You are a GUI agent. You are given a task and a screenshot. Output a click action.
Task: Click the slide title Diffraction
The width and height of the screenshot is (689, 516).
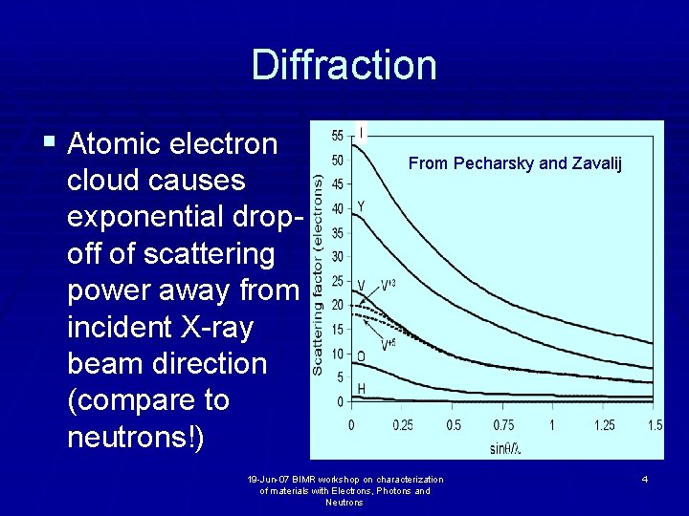[344, 65]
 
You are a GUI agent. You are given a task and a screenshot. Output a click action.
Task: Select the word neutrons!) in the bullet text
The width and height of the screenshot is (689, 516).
[135, 436]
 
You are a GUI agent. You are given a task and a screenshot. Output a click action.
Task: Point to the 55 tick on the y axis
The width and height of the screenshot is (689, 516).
[337, 136]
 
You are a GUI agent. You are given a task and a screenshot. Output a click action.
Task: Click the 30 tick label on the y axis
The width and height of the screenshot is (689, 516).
[337, 256]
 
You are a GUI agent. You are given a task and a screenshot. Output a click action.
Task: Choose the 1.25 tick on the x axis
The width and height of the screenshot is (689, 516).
[603, 424]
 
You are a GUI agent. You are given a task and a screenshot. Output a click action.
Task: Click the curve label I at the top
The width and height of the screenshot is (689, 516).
[361, 131]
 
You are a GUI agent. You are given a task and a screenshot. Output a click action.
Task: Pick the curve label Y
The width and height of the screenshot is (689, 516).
[361, 206]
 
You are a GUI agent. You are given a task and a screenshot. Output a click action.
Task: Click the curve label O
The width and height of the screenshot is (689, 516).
[361, 356]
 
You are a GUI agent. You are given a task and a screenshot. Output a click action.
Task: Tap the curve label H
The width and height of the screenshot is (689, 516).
[361, 387]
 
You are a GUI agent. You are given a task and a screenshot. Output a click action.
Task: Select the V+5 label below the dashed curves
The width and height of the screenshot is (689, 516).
[389, 345]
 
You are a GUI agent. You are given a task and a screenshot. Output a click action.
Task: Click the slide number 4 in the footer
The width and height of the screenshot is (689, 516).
[645, 478]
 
